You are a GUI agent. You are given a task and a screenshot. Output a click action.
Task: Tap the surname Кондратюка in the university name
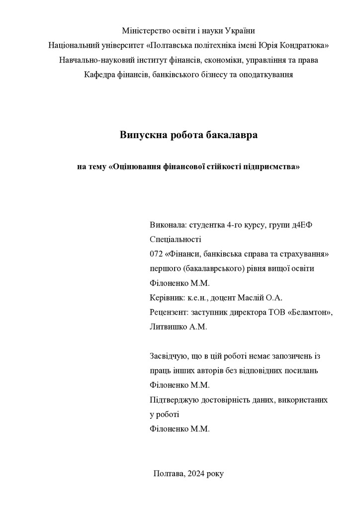[x=302, y=45]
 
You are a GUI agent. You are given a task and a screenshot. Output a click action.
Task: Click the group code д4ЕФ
[x=302, y=225]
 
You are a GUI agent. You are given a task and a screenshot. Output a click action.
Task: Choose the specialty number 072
[x=156, y=254]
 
